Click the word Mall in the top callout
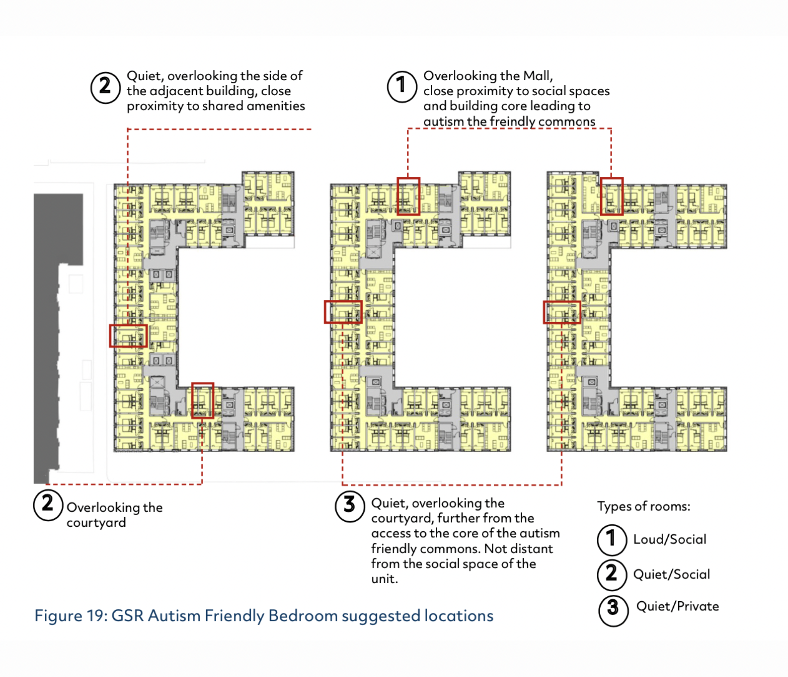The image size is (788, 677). click(x=537, y=76)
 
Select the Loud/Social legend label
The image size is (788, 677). click(x=670, y=539)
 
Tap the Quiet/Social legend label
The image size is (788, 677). click(x=672, y=574)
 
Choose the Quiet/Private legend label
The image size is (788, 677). click(x=677, y=606)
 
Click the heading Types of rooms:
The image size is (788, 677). click(x=644, y=506)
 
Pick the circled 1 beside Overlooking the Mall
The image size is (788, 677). click(x=402, y=87)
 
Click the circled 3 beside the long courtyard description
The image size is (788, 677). click(x=350, y=506)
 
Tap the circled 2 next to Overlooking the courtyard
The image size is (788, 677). click(x=48, y=505)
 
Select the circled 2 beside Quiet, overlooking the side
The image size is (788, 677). click(x=106, y=88)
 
